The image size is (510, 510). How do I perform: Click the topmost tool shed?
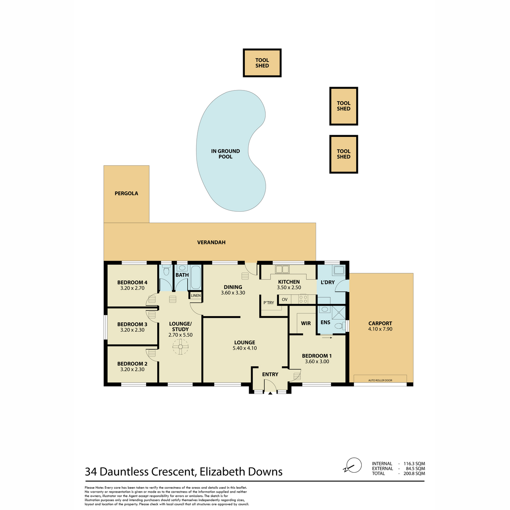click(262, 63)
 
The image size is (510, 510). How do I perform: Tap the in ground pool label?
click(225, 154)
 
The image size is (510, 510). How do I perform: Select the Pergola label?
click(126, 193)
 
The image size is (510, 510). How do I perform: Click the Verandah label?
click(211, 242)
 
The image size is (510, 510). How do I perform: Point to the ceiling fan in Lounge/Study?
click(180, 347)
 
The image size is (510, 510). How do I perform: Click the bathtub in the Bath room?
click(196, 278)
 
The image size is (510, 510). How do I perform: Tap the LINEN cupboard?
click(195, 296)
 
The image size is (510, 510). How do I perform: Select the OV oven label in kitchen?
click(284, 300)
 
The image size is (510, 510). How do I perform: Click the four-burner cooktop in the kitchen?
click(303, 299)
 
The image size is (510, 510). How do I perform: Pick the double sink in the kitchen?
click(282, 269)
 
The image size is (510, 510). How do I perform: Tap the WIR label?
click(306, 323)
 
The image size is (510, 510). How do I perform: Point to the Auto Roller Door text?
click(380, 380)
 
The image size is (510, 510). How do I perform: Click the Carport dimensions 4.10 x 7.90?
click(380, 329)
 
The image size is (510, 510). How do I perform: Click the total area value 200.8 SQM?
click(414, 473)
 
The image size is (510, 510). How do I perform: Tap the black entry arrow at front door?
click(270, 394)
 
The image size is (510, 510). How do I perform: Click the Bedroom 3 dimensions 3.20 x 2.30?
click(132, 330)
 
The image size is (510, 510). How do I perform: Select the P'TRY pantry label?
click(269, 303)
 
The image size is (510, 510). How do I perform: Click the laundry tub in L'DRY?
click(339, 270)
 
